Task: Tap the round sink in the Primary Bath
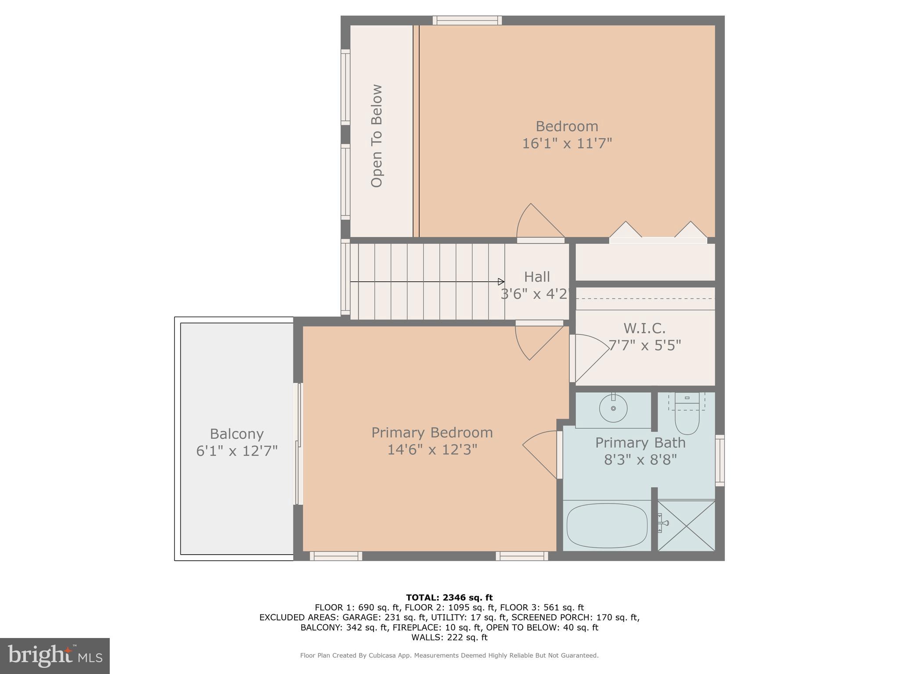tap(613, 408)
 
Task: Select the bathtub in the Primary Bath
tap(607, 526)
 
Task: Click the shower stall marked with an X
tap(687, 526)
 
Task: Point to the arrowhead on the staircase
tap(501, 282)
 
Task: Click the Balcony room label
tap(237, 434)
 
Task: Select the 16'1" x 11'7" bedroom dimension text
tap(567, 143)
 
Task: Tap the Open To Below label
tap(377, 136)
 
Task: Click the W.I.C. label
tap(644, 328)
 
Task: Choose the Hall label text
tap(537, 277)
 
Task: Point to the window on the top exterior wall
tap(467, 20)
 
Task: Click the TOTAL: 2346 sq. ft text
tap(449, 598)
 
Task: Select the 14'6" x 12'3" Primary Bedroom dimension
tap(432, 450)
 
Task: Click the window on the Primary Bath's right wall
tap(720, 460)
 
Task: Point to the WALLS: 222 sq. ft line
tap(449, 638)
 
